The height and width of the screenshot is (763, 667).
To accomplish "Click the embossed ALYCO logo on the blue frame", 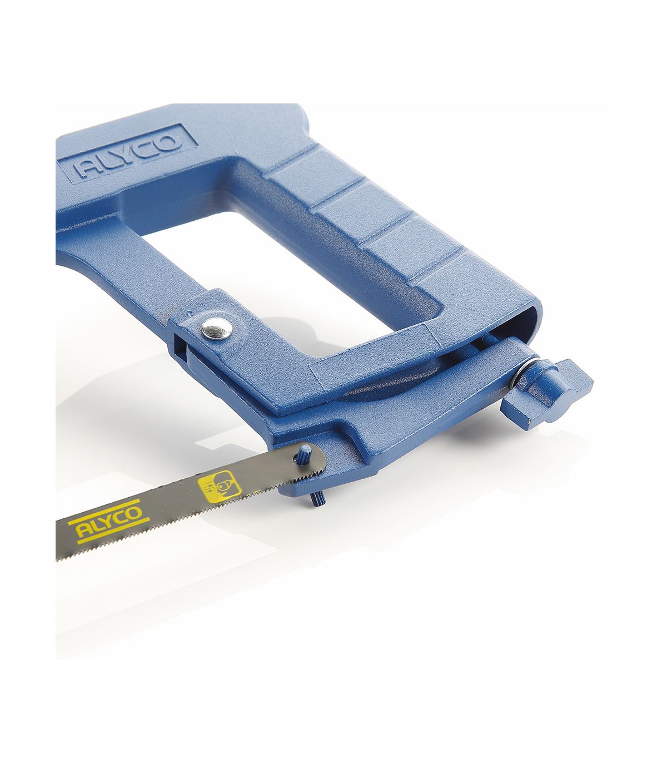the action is [127, 153].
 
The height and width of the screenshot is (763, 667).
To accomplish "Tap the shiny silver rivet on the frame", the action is [217, 329].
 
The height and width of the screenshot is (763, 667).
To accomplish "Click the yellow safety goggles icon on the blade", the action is [218, 486].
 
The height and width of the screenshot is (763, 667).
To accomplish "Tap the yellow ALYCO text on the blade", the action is [109, 521].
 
